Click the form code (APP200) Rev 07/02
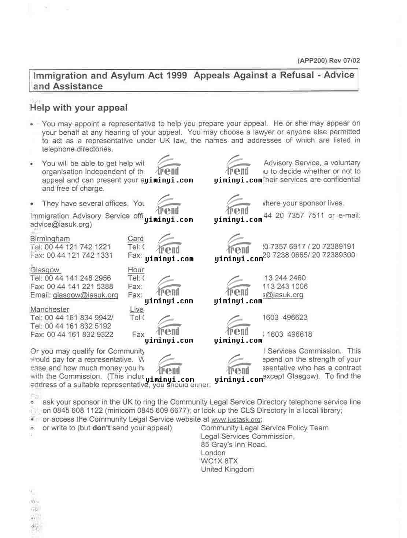point(328,61)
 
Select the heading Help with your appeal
point(79,108)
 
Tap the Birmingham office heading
point(50,239)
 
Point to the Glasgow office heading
point(45,270)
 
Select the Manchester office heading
point(49,310)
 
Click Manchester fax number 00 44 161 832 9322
point(80,335)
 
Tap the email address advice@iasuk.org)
point(61,224)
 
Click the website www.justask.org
point(236,420)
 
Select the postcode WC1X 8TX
point(219,461)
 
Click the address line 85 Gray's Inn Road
point(233,445)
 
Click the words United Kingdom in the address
point(227,470)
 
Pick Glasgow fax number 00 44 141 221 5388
point(80,287)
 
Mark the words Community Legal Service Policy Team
point(264,428)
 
